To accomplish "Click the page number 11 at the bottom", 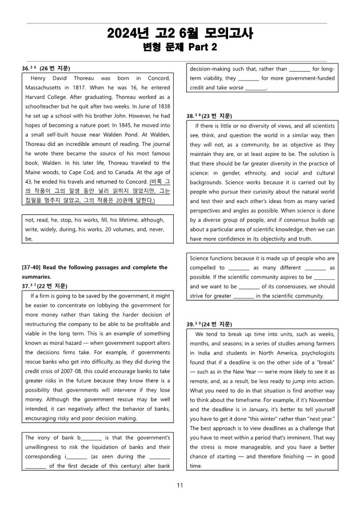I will coord(180,485).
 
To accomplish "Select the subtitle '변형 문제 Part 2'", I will coord(180,47).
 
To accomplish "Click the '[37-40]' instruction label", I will coord(33,267).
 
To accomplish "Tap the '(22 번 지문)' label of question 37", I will coord(52,286).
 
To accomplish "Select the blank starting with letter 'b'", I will coord(90,438).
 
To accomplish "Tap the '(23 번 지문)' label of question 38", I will coord(216,116).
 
